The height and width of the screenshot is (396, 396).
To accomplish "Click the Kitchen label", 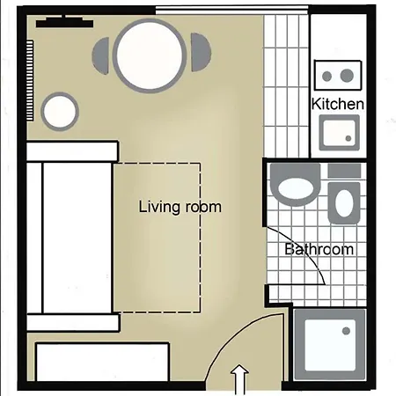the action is coord(337,104).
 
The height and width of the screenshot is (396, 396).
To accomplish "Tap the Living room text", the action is coord(180,207).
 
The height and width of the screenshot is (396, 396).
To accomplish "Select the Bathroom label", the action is coord(319,249).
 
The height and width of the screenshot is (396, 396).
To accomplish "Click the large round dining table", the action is coord(150,55).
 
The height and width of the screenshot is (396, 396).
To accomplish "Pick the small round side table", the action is coord(60,112).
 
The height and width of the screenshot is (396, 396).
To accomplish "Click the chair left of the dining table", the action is coord(101,55).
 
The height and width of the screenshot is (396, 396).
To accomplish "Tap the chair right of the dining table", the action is coord(201,52).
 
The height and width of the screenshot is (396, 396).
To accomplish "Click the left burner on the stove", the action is coord(326,76).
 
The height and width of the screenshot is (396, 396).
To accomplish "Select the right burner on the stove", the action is coord(347,76).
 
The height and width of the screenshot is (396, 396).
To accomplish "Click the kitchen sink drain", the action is coord(348,138).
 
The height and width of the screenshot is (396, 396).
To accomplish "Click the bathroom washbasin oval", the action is coord(344,203).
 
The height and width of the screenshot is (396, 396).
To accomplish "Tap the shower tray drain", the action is coord(346,331).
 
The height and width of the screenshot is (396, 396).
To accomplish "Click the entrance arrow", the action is coord(239,380).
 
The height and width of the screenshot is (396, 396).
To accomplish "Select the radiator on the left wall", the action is coord(30,80).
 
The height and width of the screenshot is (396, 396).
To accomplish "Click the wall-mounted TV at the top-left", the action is coord(64,22).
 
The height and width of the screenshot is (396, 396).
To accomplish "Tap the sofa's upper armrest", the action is coord(72,151).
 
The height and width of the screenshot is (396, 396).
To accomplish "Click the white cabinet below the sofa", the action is coord(103,362).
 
